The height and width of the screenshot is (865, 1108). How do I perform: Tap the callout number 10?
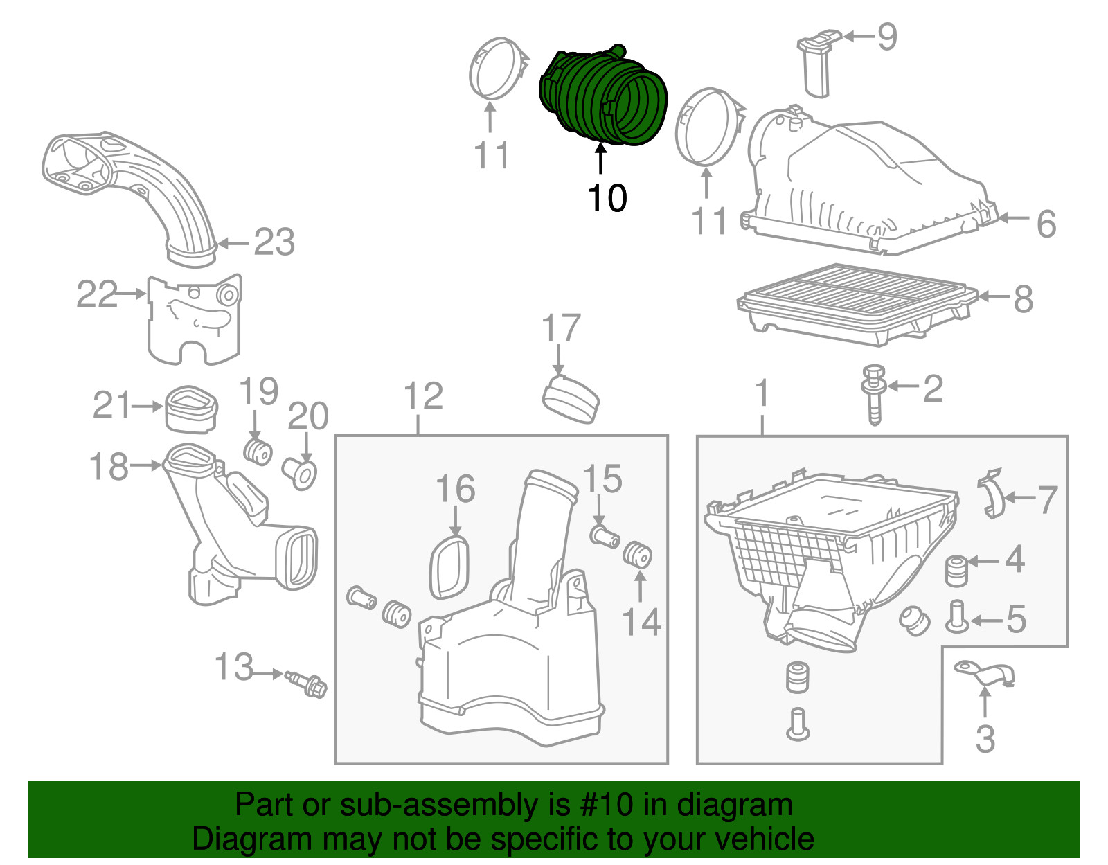click(607, 199)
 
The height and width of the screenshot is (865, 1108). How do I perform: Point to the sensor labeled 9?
click(816, 62)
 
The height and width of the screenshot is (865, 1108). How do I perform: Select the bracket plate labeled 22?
click(194, 319)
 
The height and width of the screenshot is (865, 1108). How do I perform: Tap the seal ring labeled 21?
click(192, 408)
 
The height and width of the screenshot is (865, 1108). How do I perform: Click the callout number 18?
click(109, 467)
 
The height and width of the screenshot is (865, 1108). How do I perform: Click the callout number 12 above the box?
click(423, 397)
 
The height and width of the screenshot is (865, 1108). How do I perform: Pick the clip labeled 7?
click(993, 494)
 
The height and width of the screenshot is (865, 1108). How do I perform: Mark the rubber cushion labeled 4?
click(956, 569)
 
